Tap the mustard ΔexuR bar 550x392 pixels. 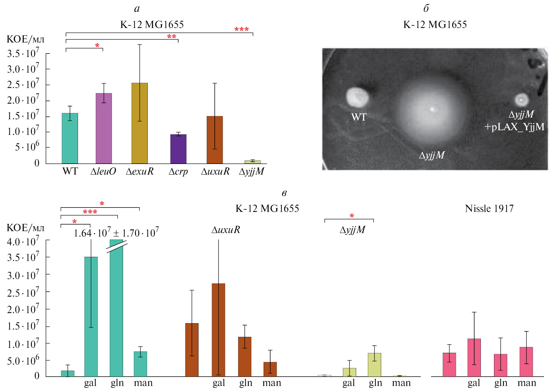139,123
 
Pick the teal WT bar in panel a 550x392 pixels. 70,138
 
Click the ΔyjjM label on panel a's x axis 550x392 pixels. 251,171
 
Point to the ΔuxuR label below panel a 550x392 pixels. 215,171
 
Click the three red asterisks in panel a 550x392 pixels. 241,29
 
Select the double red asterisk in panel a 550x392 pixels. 172,37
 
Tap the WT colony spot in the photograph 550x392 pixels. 357,97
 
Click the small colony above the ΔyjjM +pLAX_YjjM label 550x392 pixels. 521,100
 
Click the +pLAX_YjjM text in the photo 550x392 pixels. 514,127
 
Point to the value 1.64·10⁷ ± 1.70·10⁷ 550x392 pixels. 116,233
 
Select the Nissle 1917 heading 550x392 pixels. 489,209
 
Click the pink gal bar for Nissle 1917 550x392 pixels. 474,357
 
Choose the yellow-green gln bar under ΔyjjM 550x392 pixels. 374,365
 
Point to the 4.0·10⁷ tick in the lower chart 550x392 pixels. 23,242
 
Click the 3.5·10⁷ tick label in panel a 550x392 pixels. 23,53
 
